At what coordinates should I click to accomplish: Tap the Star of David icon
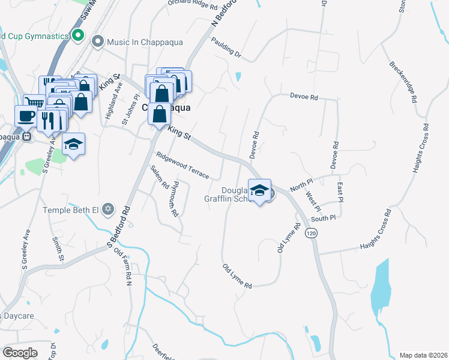[x=108, y=209]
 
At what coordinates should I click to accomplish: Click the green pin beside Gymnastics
[x=77, y=36]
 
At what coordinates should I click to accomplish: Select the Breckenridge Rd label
[x=403, y=82]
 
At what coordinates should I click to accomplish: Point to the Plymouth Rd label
[x=174, y=198]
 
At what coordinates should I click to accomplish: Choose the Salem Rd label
[x=159, y=178]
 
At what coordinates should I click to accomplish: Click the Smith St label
[x=57, y=250]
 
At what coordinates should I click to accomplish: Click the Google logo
[x=20, y=352]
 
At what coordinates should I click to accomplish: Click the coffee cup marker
[x=25, y=115]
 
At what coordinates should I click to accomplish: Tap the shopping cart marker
[x=34, y=102]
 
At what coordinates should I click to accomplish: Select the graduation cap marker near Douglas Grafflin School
[x=259, y=190]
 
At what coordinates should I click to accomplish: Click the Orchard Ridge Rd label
[x=192, y=5]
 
